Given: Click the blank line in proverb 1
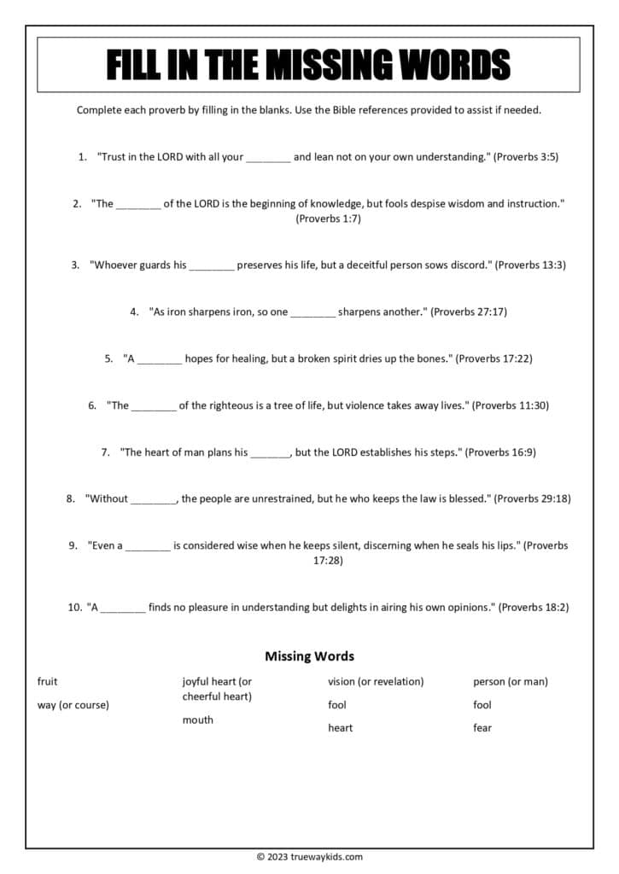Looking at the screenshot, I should (x=268, y=159).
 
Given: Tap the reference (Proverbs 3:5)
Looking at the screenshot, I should (x=527, y=157).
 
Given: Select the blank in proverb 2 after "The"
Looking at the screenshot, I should (x=138, y=205).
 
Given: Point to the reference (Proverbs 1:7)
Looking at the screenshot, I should (x=329, y=219).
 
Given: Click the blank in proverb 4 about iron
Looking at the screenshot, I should (x=313, y=313).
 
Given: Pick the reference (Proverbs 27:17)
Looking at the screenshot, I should (x=469, y=312).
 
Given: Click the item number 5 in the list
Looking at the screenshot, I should (x=109, y=358).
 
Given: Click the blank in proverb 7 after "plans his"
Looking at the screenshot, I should (x=271, y=453).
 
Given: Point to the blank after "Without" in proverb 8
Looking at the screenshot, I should (x=154, y=500).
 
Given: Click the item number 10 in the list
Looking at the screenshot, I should (x=73, y=607).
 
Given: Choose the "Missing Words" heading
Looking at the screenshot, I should (x=309, y=656).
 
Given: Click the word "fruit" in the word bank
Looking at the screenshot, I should (x=48, y=681).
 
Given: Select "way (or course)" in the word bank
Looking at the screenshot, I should (x=73, y=705).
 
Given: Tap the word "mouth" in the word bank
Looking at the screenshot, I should (x=198, y=720).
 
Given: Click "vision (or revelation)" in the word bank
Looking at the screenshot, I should (x=376, y=681).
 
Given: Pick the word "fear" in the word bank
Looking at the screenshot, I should (x=482, y=728).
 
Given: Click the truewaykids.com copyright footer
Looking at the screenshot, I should (x=309, y=857).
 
